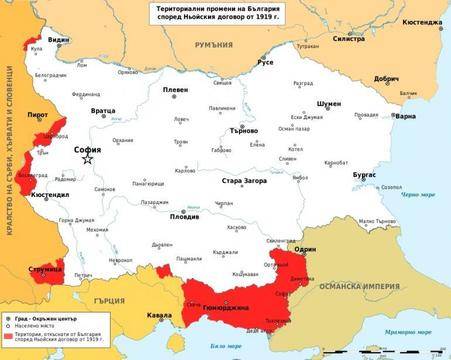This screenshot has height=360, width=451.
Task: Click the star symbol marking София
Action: point(88,158)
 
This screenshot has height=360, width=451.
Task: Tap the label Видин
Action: point(60,40)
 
